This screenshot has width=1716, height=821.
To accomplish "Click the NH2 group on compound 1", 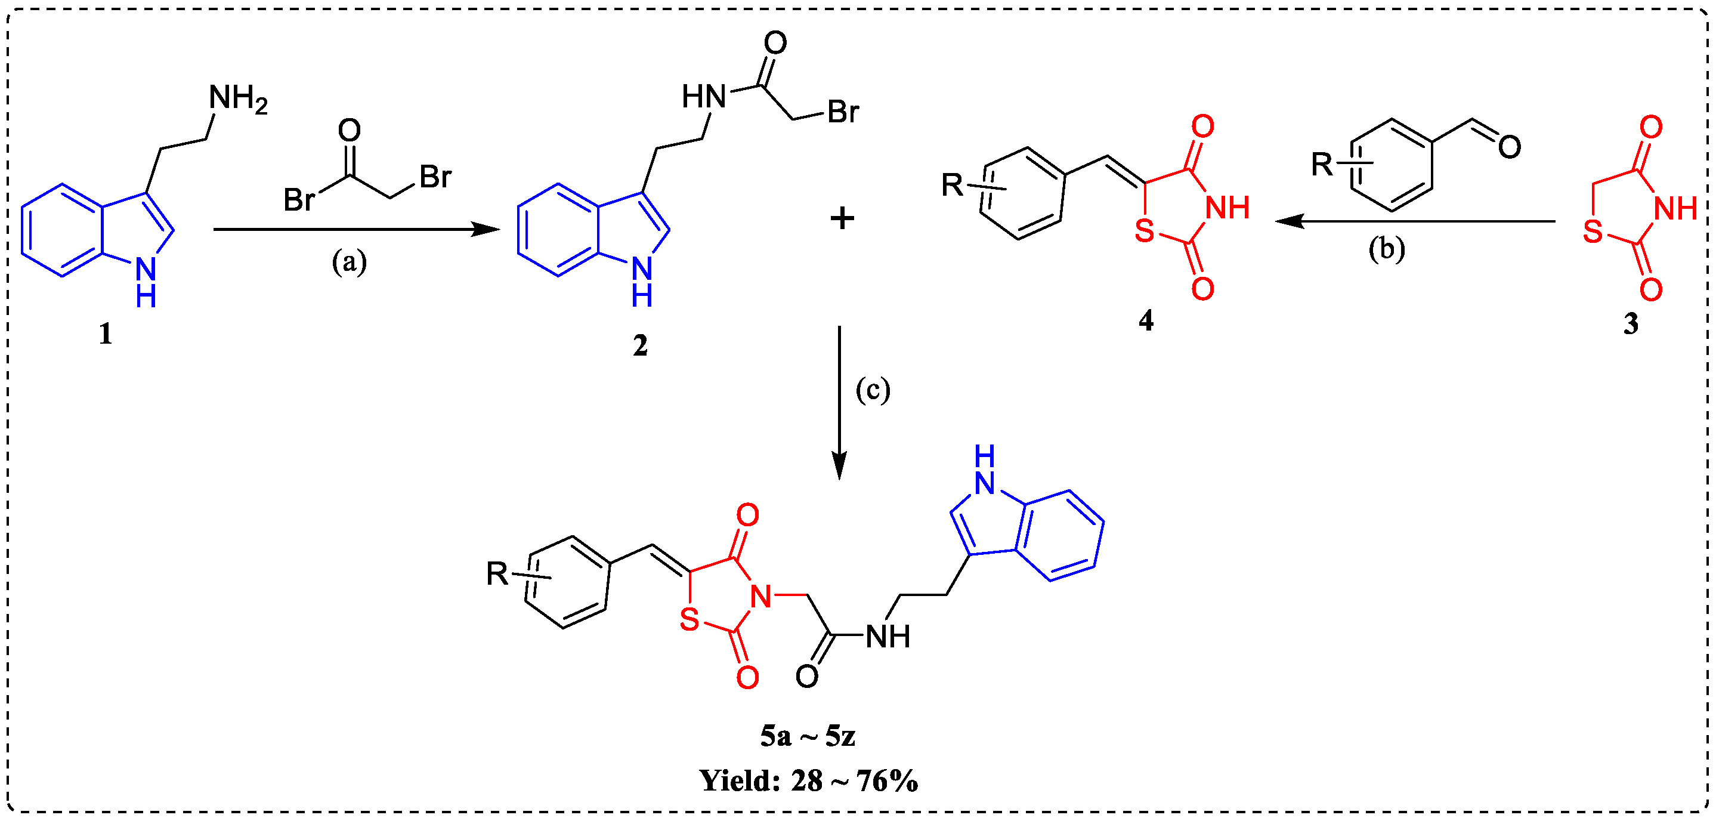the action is pos(237,98).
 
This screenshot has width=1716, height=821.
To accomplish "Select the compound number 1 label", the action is pos(105,333).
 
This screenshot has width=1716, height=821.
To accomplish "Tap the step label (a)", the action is pos(349,262).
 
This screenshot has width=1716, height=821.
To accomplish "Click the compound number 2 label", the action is pos(639,345).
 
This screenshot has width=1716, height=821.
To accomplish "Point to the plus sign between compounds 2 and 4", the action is pos(842,218).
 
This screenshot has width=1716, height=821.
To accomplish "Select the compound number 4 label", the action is pos(1145,321).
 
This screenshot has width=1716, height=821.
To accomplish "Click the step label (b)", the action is pos(1386,249).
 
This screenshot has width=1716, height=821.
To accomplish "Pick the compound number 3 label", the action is pos(1630,324).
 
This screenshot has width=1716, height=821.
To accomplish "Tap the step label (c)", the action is pos(872,390).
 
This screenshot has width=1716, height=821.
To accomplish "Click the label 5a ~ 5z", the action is pos(808,736).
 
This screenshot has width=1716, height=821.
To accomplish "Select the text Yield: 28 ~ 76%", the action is pos(808,780).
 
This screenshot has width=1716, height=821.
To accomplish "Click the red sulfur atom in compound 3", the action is pos(1592,232).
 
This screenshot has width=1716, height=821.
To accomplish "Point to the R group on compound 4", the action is pos(952,185).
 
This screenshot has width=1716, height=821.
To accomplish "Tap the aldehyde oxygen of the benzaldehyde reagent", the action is pos(1510,147).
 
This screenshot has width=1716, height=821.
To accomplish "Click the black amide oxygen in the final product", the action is pos(807,677).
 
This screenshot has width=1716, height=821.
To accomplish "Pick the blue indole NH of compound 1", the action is pos(146,280).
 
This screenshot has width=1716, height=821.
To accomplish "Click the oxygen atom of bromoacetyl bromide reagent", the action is pos(349,131).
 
